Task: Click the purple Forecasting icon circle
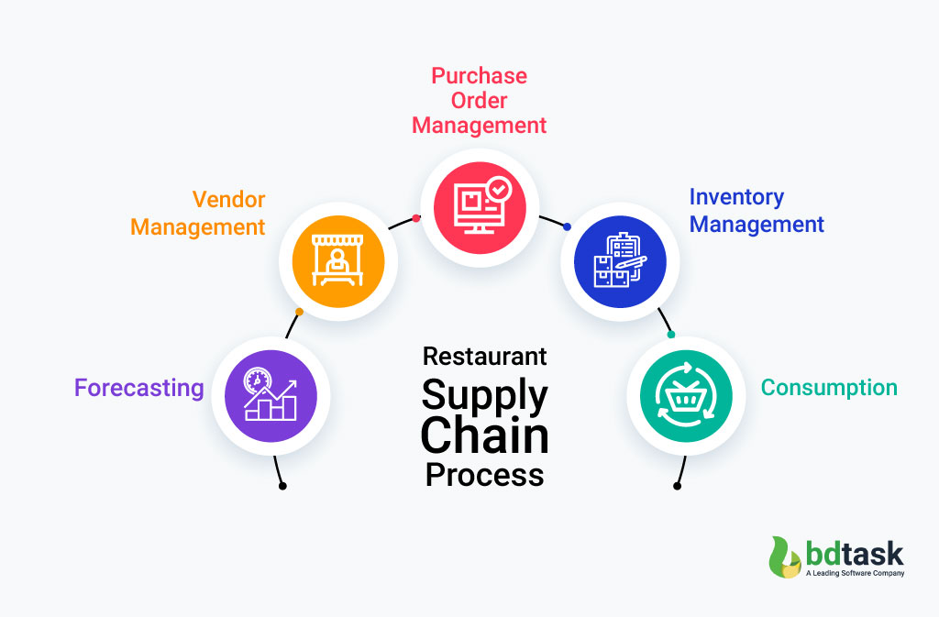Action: pos(271,396)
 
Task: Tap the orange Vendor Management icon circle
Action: pos(337,262)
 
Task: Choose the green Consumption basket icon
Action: pos(686,396)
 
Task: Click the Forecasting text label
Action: pos(139,389)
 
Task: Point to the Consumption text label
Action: pos(829,388)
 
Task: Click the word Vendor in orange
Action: pos(228,200)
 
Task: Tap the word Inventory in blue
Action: pos(736,197)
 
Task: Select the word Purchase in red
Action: pos(479,75)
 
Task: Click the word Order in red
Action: pos(479,100)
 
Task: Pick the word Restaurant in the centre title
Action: pos(484,357)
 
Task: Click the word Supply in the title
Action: pos(484,396)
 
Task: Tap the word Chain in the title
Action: pos(484,435)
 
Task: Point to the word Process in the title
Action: pos(484,475)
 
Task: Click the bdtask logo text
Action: pos(855,553)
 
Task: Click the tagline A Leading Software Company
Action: pos(855,574)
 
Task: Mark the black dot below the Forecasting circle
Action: pos(282,486)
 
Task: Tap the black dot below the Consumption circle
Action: pos(677,486)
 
